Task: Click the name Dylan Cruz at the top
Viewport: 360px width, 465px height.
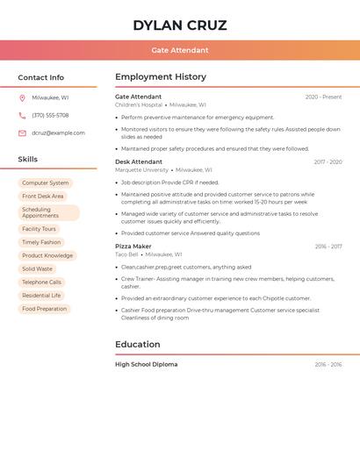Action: click(x=180, y=25)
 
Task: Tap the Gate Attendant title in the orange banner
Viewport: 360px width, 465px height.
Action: click(x=180, y=50)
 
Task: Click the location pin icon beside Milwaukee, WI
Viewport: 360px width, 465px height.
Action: click(x=22, y=97)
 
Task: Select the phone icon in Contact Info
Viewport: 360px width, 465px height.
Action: click(x=22, y=115)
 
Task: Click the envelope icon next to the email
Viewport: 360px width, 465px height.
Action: click(x=22, y=133)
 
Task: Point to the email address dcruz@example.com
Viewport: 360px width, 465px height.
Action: click(x=58, y=133)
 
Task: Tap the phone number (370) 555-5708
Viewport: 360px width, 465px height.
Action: click(x=50, y=115)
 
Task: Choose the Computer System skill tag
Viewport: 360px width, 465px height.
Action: click(x=46, y=183)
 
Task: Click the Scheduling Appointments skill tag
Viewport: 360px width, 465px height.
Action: click(x=48, y=212)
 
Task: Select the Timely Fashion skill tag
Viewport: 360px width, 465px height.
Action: click(x=41, y=242)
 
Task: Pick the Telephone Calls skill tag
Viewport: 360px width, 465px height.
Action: click(x=42, y=283)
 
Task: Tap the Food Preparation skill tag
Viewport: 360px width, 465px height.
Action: click(x=44, y=309)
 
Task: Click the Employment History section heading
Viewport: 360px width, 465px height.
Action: click(x=161, y=77)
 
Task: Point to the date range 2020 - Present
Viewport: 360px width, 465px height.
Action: click(x=323, y=97)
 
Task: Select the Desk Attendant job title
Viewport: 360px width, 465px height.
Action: click(x=139, y=162)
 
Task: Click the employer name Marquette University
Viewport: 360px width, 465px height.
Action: click(x=141, y=170)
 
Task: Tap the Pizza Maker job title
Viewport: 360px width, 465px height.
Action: click(x=133, y=247)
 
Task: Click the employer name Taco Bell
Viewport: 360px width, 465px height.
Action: click(x=126, y=254)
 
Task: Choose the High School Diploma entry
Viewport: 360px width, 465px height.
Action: click(x=146, y=364)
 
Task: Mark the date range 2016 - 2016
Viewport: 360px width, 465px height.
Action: click(x=328, y=364)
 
